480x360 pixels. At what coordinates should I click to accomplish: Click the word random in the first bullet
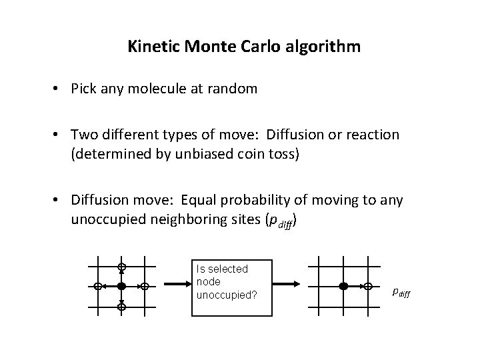pyautogui.click(x=236, y=89)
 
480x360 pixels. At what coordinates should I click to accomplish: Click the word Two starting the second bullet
pyautogui.click(x=85, y=135)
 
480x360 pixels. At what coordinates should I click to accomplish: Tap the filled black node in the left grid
pyautogui.click(x=121, y=286)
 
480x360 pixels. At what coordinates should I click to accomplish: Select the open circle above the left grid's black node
pyautogui.click(x=121, y=267)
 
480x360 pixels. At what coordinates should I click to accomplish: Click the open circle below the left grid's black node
pyautogui.click(x=121, y=307)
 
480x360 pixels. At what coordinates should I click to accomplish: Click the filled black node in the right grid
pyautogui.click(x=343, y=286)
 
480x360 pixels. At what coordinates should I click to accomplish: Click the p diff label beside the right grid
pyautogui.click(x=402, y=292)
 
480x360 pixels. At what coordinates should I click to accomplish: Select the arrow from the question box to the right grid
pyautogui.click(x=287, y=286)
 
